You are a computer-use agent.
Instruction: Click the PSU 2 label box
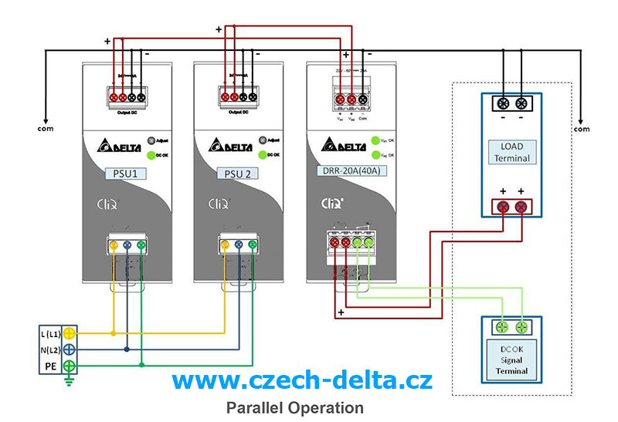[236, 174]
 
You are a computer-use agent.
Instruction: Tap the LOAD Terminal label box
[511, 152]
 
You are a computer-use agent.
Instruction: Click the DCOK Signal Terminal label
[511, 359]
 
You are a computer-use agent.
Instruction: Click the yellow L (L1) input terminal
[70, 333]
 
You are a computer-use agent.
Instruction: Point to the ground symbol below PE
[70, 379]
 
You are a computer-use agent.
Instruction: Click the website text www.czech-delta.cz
[302, 380]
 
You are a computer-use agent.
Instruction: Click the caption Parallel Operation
[294, 407]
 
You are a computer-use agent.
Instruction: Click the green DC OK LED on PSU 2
[263, 155]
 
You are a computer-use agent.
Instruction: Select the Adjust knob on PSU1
[151, 141]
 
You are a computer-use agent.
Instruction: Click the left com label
[45, 129]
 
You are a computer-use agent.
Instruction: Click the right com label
[581, 129]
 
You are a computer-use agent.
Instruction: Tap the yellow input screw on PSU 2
[225, 246]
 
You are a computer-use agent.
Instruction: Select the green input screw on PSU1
[141, 246]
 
